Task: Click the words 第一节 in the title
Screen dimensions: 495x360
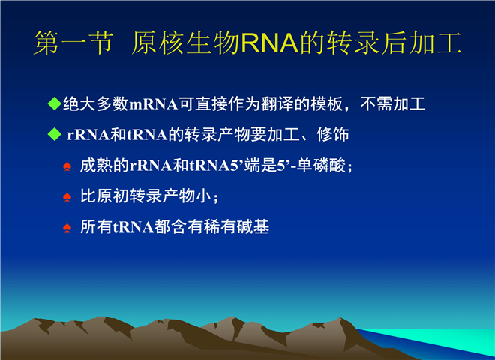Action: [x=73, y=43]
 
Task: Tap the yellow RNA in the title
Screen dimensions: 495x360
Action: [x=269, y=43]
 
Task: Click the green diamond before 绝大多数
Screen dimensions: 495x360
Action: [x=54, y=103]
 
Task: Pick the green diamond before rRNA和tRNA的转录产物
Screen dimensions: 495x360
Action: [x=54, y=134]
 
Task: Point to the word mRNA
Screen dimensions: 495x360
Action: [x=154, y=104]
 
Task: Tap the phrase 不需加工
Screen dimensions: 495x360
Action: [x=393, y=104]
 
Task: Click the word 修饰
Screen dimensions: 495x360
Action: [x=333, y=134]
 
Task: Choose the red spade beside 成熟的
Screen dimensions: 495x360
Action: [x=67, y=166]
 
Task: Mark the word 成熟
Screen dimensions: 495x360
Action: [x=96, y=165]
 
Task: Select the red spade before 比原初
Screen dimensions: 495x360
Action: [x=67, y=197]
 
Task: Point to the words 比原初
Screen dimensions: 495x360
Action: [x=104, y=196]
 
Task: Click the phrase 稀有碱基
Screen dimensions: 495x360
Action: [x=236, y=226]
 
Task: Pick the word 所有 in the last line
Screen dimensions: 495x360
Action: [x=96, y=226]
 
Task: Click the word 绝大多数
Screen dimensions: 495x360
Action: [x=95, y=104]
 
